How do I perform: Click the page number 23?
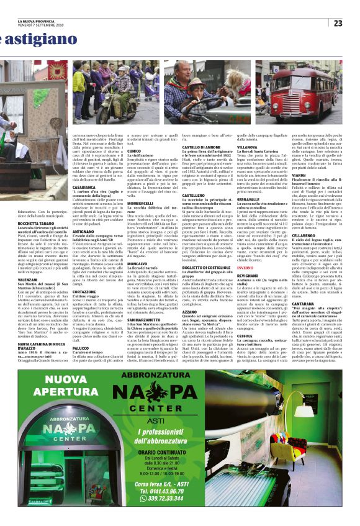(338, 23)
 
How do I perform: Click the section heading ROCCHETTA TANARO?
(37, 224)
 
